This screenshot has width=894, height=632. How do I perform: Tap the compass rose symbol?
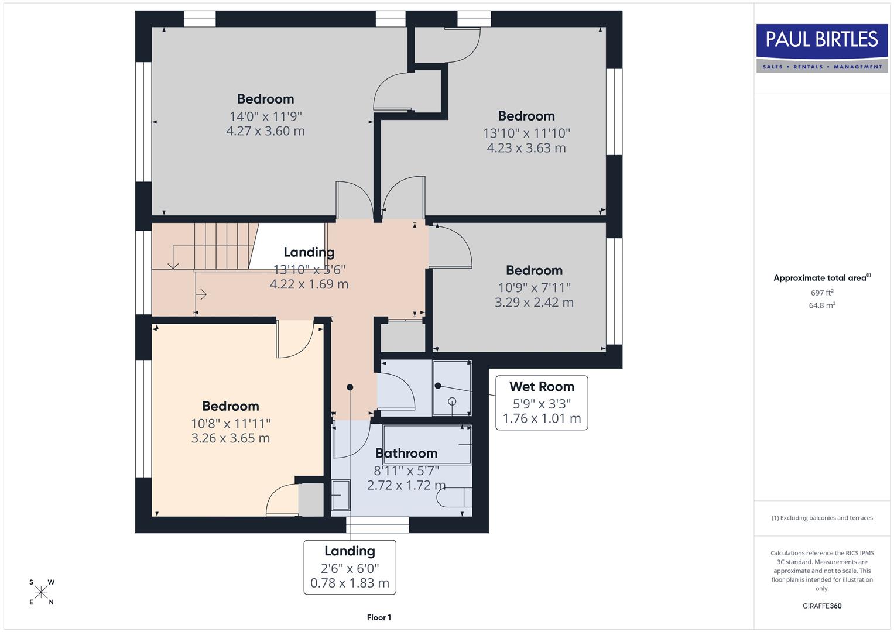click(x=41, y=592)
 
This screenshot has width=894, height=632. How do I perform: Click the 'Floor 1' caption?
click(x=379, y=617)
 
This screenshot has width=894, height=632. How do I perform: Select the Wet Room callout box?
click(x=542, y=403)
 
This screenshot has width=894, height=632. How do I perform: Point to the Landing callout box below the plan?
click(x=350, y=567)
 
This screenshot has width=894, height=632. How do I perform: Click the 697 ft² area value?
click(x=822, y=293)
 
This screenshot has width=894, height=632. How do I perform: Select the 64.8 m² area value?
click(x=822, y=305)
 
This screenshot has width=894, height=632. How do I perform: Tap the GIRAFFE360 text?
click(x=822, y=606)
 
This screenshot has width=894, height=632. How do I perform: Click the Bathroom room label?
click(x=406, y=453)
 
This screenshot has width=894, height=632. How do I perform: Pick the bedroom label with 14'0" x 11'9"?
click(x=265, y=99)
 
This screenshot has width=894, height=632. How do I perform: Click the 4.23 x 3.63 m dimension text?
click(x=526, y=148)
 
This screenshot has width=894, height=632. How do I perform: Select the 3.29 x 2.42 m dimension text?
click(x=534, y=303)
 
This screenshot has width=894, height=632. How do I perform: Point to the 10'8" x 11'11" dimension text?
click(x=230, y=423)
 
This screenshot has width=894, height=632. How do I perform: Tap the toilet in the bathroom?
click(x=454, y=497)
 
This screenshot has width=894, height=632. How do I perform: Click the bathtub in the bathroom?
click(x=427, y=445)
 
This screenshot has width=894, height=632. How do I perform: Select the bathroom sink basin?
click(x=340, y=495)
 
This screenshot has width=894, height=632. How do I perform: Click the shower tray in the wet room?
click(x=452, y=388)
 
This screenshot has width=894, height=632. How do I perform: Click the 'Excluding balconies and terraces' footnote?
click(x=822, y=518)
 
